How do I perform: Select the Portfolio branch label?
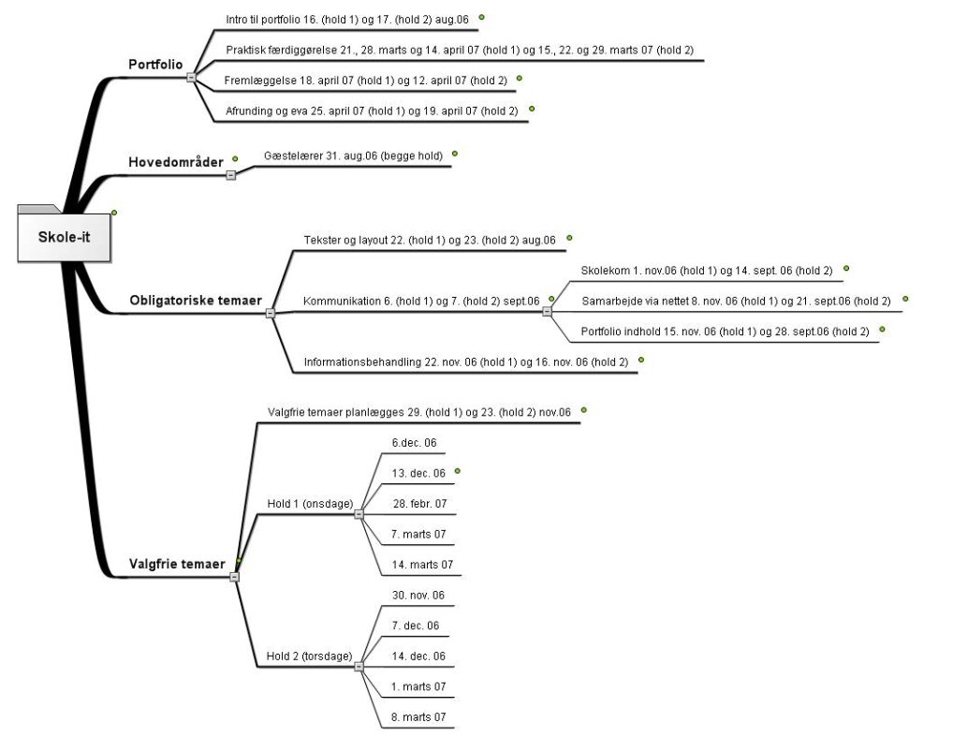tap(155, 65)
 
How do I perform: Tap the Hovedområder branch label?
tap(176, 162)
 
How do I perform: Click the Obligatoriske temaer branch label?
tap(196, 301)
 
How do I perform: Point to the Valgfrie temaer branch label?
tap(177, 564)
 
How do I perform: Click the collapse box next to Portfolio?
tap(192, 77)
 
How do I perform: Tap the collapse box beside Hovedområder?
tap(231, 175)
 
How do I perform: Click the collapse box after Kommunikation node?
tap(547, 311)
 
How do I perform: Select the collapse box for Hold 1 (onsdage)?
tap(359, 514)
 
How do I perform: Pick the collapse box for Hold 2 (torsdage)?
tap(359, 666)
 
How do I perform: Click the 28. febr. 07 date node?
tap(420, 504)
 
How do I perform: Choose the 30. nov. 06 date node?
tap(418, 596)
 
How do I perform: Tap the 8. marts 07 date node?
tap(418, 717)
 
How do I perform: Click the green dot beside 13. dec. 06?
tap(458, 471)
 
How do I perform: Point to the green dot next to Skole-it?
tap(113, 213)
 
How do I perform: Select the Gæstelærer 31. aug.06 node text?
tap(353, 156)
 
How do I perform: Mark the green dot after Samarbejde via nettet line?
tap(905, 299)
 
